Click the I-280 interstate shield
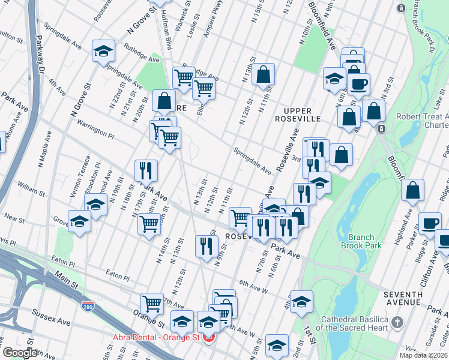(x=88, y=307)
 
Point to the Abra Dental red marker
(x=209, y=338)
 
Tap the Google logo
(x=20, y=353)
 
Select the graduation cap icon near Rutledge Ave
(x=103, y=52)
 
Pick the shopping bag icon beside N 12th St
(x=263, y=76)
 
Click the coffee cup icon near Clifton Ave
(x=429, y=224)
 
